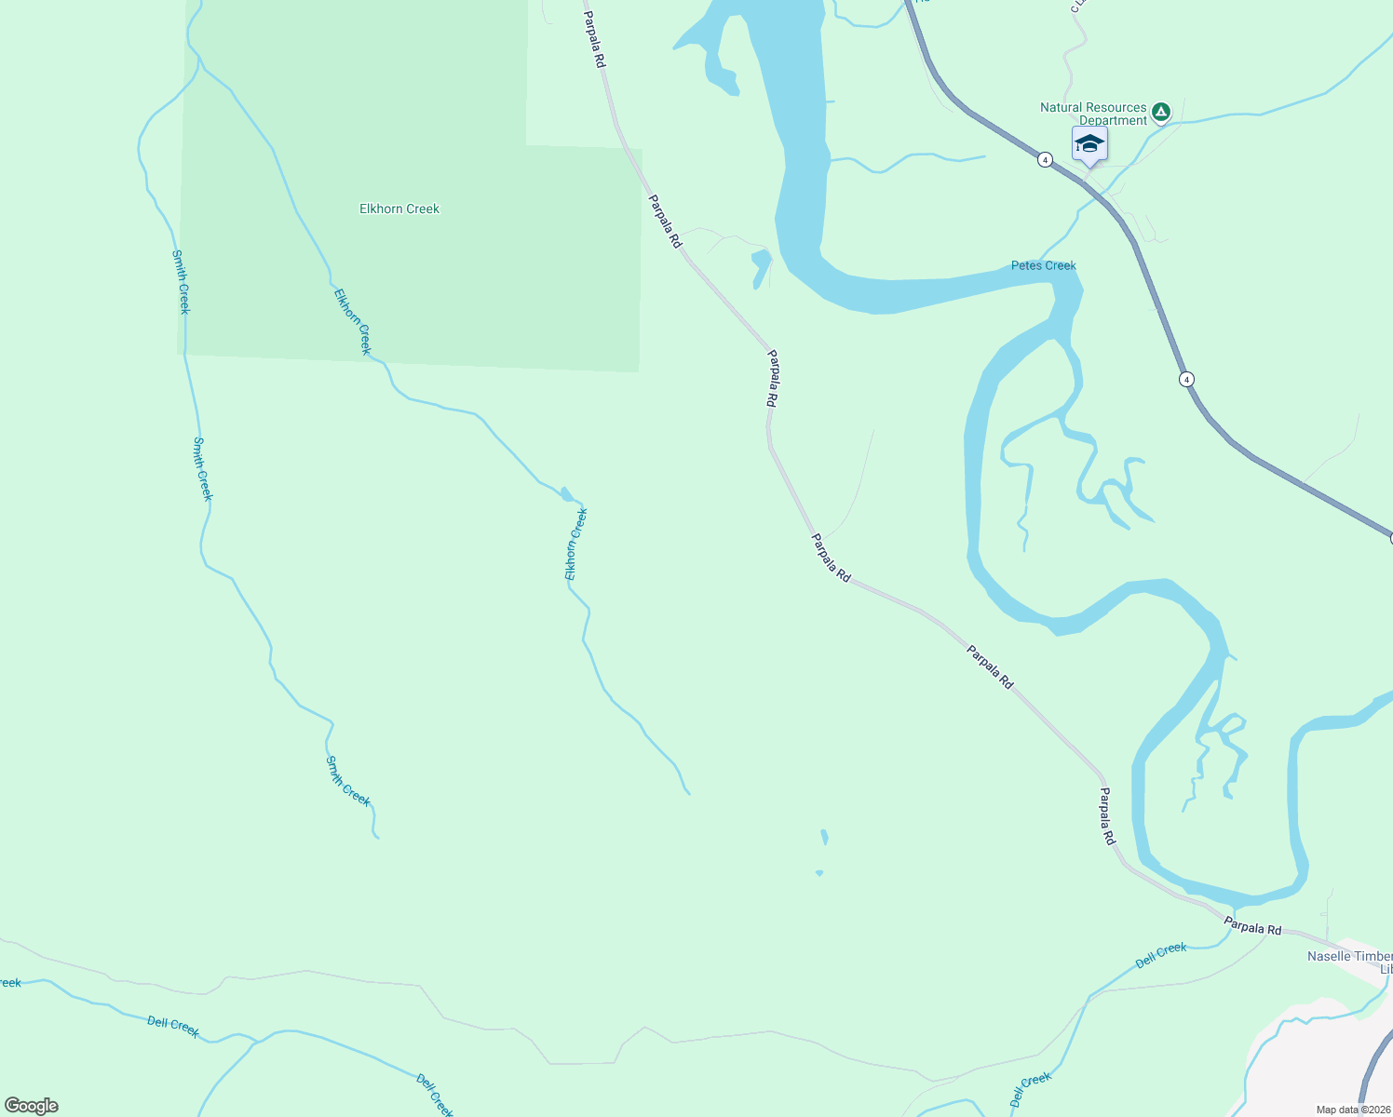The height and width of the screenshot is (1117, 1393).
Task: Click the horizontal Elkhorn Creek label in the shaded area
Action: [399, 209]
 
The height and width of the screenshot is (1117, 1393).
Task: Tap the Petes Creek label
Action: [1043, 265]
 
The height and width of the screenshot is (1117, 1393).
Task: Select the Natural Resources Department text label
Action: [1093, 114]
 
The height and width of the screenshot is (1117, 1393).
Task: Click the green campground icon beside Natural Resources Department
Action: [1160, 113]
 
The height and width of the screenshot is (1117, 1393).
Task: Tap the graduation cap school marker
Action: [1089, 145]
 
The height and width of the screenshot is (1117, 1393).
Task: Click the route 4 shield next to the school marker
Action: [1046, 160]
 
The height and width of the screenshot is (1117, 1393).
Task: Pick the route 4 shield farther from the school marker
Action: [1186, 379]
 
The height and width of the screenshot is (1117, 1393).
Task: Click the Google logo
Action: [32, 1106]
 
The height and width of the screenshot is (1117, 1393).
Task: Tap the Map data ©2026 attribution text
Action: [1352, 1110]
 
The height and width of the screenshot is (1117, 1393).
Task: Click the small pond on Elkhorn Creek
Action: [566, 494]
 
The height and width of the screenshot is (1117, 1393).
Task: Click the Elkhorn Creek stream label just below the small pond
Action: [576, 544]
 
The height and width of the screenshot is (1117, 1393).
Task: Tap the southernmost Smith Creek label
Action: [347, 782]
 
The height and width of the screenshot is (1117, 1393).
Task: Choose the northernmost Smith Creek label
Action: [181, 281]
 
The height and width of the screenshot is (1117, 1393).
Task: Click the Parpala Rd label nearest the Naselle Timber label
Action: [1252, 926]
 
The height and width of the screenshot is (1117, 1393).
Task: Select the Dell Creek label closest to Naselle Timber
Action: [1161, 954]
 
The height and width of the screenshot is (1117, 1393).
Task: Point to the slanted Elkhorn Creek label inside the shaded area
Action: [352, 321]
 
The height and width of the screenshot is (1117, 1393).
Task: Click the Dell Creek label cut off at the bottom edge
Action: [435, 1096]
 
